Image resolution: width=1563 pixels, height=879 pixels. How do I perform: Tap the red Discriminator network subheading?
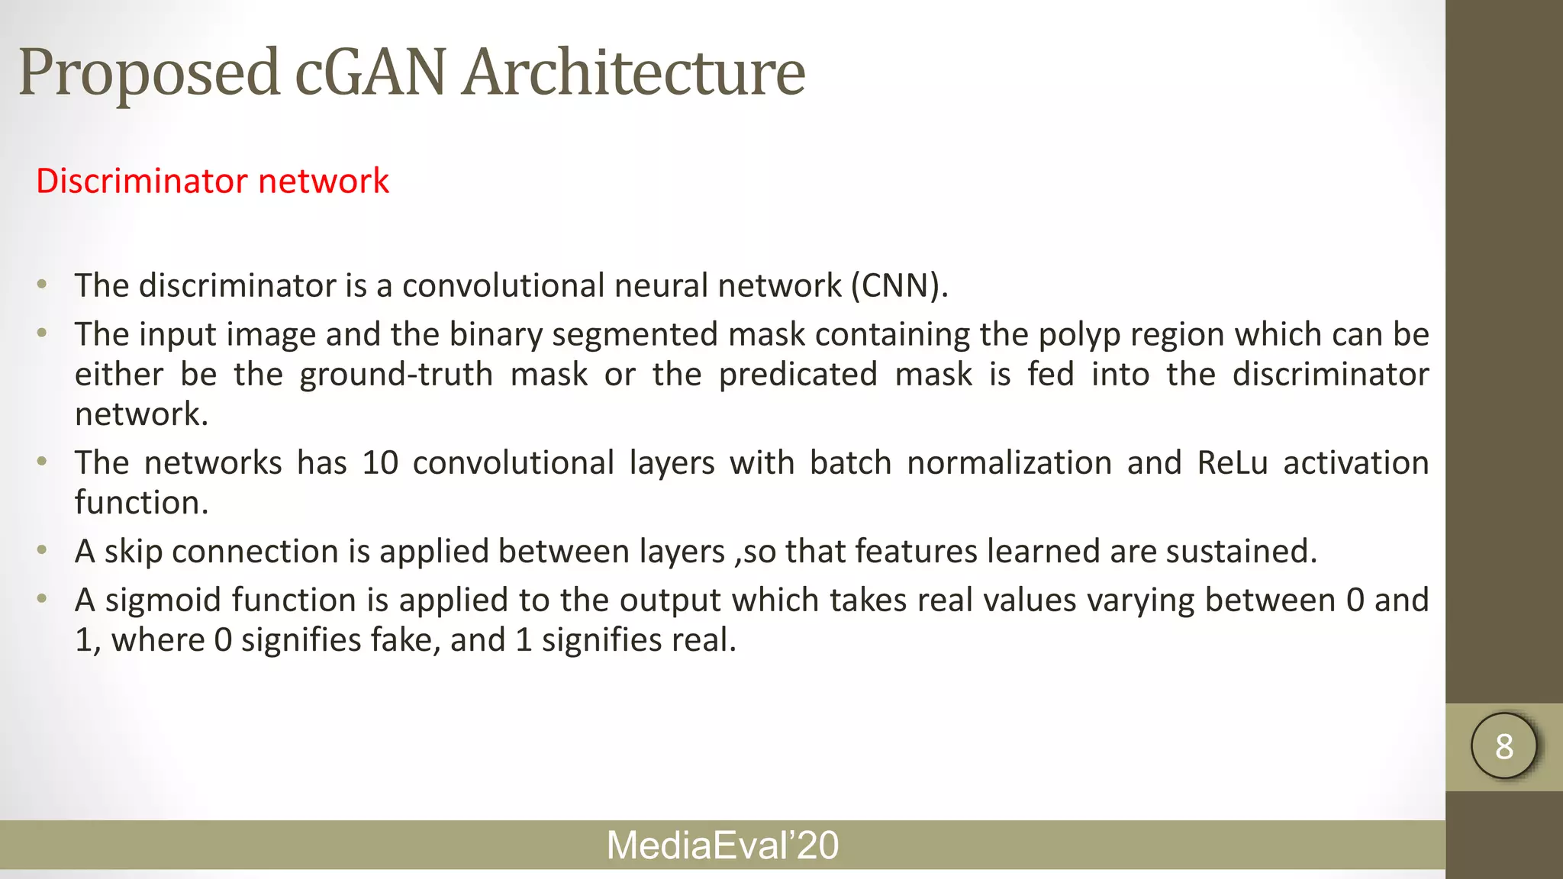212,181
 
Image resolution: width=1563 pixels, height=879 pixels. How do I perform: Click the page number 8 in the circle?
1504,746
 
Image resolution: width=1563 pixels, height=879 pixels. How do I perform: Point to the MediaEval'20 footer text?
722,845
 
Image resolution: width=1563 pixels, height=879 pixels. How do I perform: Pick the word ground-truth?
396,375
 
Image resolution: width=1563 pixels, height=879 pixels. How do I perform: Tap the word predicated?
798,375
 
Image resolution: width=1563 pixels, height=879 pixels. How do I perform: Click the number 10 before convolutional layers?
380,463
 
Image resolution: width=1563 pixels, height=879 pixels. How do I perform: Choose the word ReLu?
1232,463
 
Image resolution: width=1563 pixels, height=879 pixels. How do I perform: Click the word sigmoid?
163,600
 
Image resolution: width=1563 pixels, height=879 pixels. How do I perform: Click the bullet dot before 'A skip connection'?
43,550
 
